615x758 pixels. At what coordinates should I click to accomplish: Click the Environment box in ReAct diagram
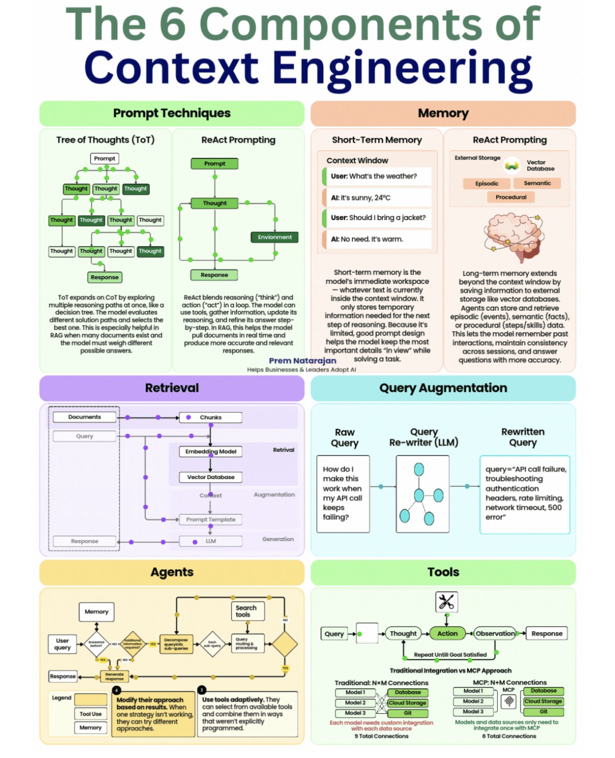pos(274,237)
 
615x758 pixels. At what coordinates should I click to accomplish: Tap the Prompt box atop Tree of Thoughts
pos(105,158)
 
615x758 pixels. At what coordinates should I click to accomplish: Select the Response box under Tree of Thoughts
pos(105,277)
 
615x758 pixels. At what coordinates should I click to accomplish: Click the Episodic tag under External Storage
pos(487,184)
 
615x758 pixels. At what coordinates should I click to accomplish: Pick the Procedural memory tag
pos(511,197)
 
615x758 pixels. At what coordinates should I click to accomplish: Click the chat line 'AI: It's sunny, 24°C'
pos(377,198)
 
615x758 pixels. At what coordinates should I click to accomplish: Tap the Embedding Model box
pos(211,451)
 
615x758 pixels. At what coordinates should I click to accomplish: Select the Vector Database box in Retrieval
pos(211,477)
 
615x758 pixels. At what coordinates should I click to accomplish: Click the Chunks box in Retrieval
pos(211,418)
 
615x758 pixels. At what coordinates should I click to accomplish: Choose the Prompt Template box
pos(211,520)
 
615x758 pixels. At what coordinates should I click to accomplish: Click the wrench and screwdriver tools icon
pos(447,602)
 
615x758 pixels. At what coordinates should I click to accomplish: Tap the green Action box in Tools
pos(447,633)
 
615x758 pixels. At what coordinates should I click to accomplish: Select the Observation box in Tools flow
pos(495,633)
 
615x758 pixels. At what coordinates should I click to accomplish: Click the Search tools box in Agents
pos(247,611)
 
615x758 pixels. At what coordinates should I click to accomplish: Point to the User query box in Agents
pos(63,644)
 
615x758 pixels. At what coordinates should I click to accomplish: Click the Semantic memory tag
pos(537,183)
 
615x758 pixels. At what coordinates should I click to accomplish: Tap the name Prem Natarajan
pos(303,361)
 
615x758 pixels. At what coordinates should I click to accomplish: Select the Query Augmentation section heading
pos(443,388)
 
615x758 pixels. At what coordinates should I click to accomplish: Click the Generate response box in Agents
pos(114,677)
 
